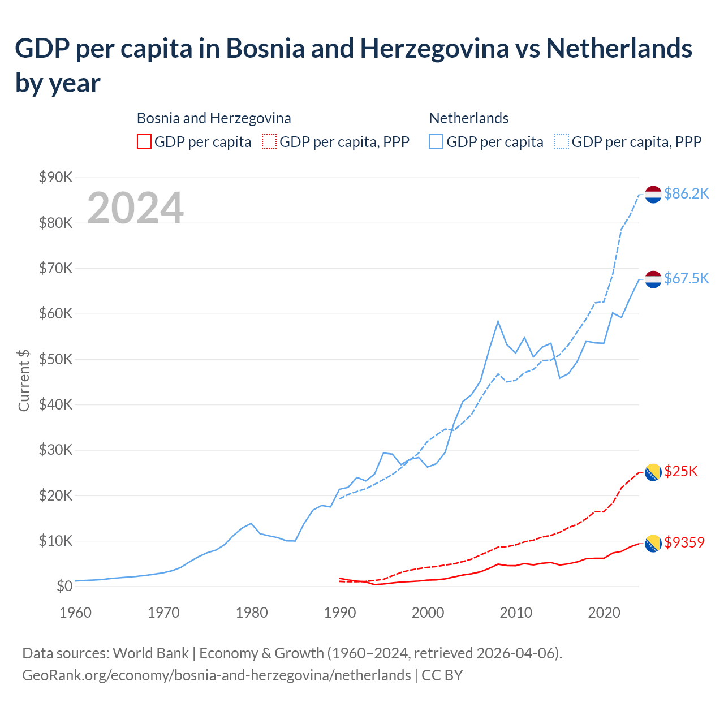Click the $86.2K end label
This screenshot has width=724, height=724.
click(x=686, y=194)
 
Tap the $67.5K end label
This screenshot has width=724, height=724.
click(x=686, y=279)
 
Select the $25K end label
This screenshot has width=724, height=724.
click(x=681, y=471)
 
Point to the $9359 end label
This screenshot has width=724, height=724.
click(x=684, y=542)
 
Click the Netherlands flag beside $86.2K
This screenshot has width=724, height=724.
click(x=653, y=194)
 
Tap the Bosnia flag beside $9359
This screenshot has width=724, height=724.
click(x=653, y=543)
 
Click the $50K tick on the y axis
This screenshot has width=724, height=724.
click(x=56, y=359)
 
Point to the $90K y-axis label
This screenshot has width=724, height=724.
click(x=56, y=178)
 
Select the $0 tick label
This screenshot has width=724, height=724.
click(x=64, y=586)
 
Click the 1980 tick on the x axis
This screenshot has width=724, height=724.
click(x=252, y=613)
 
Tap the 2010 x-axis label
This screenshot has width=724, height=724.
click(x=516, y=613)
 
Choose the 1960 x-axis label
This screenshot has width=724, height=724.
click(x=75, y=613)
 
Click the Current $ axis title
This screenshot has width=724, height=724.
click(x=24, y=380)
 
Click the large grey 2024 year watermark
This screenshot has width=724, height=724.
click(x=135, y=208)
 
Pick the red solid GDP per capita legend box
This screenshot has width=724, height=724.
click(x=144, y=141)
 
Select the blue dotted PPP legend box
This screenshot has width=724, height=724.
click(x=562, y=141)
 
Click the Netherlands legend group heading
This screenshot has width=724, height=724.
click(x=468, y=118)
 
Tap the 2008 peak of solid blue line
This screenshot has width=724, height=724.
click(x=498, y=321)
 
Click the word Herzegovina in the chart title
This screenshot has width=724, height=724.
click(x=434, y=49)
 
